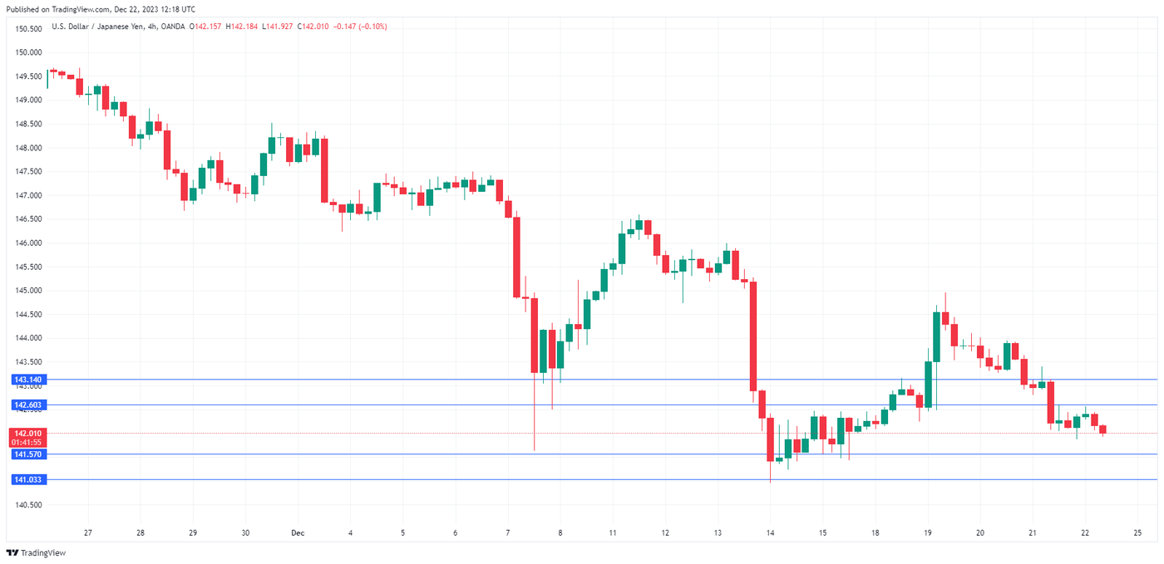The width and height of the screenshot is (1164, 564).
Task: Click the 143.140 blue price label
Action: pos(27,380)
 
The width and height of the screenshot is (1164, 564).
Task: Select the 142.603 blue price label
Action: pos(27,405)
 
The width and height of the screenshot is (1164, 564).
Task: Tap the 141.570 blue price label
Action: pos(27,454)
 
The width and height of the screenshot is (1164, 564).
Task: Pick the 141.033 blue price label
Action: pos(27,479)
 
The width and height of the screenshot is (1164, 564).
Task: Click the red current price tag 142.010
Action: pos(27,434)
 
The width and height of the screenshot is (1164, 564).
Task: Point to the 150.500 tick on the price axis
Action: pos(28,28)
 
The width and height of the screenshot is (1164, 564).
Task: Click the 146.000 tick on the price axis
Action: pos(28,243)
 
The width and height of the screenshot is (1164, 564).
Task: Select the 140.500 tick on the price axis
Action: pos(28,505)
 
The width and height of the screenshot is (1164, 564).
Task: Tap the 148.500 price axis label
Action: pos(28,124)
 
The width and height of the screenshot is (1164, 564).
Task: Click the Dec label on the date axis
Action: pos(297,533)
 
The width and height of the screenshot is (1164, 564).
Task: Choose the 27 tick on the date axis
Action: pos(87,533)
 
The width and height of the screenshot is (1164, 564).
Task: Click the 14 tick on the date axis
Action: pos(771,533)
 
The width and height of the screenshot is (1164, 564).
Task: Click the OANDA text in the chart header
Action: pos(175,27)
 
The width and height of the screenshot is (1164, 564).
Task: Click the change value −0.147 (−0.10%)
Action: pos(360,27)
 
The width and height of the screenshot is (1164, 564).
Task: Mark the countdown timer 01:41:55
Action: pos(27,443)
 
